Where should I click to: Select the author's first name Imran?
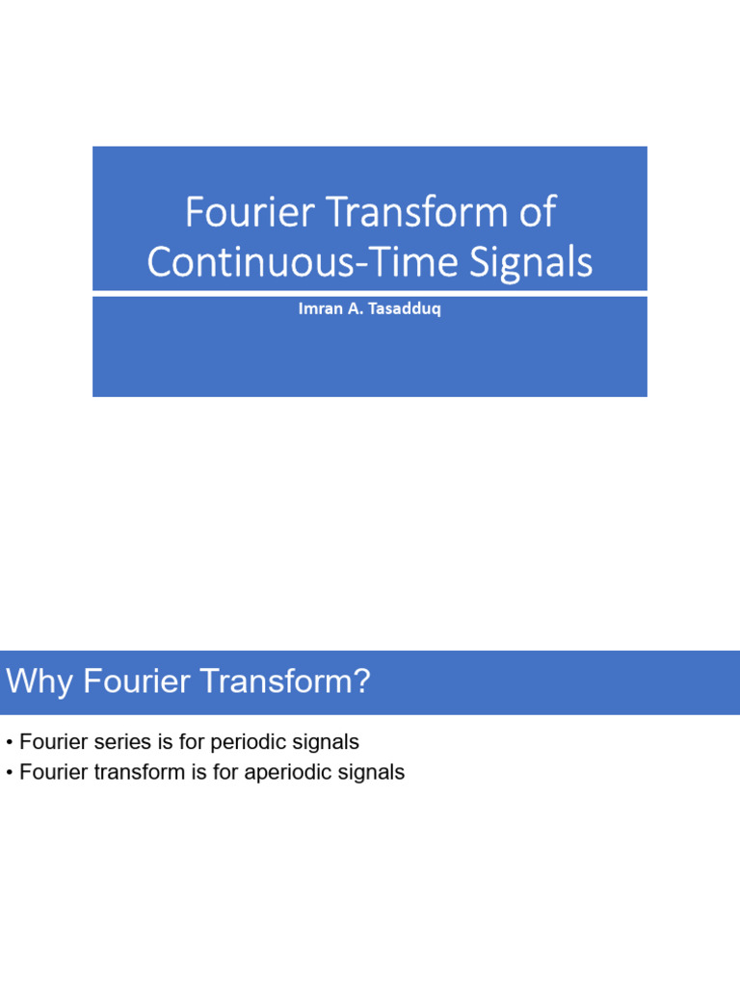coord(318,311)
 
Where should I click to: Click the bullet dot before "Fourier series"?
coord(9,743)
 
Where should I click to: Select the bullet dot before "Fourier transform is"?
coord(9,773)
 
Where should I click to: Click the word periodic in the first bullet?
coord(251,743)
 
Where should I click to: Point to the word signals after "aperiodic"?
coord(372,773)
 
